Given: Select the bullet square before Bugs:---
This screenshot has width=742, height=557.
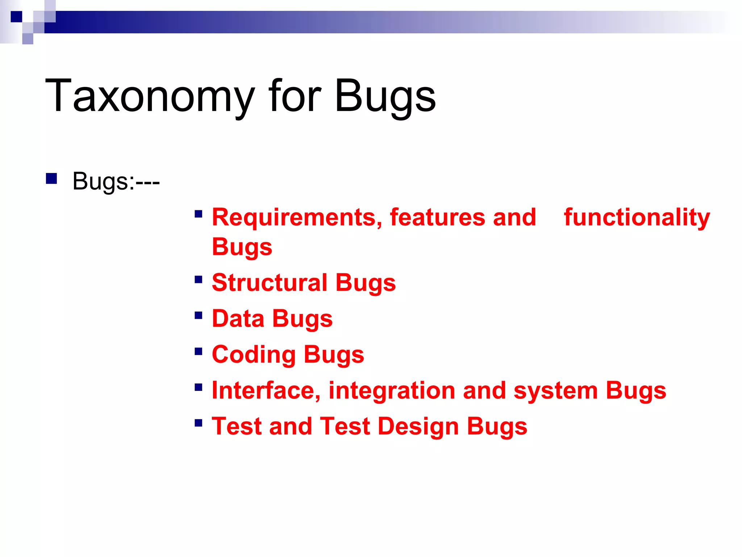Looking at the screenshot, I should click(x=51, y=179).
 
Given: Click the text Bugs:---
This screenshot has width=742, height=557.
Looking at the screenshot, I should click(x=116, y=181).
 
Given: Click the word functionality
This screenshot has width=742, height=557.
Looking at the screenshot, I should click(x=637, y=218).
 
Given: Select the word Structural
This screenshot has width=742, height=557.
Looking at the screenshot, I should click(x=270, y=282).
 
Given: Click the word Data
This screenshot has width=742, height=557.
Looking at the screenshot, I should click(x=238, y=318).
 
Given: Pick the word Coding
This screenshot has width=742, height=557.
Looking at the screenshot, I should click(x=254, y=355).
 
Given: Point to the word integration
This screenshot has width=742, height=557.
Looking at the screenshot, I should click(x=392, y=391).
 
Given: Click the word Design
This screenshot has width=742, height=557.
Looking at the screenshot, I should click(x=418, y=426).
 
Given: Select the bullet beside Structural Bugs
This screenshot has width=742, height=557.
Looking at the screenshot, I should click(x=198, y=280).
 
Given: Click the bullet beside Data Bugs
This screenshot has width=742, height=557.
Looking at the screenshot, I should click(x=198, y=315).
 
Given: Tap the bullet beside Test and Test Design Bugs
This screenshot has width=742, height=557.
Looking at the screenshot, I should click(x=198, y=423).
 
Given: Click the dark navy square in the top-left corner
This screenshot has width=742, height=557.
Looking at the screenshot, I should click(x=16, y=17).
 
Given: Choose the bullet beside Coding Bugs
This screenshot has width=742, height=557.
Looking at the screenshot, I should click(x=198, y=351).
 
